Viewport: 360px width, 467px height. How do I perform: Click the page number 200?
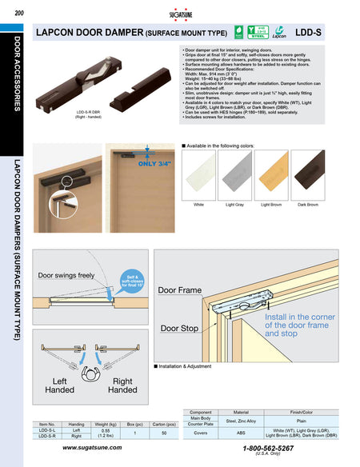18,10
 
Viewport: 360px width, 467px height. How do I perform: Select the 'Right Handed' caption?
122,385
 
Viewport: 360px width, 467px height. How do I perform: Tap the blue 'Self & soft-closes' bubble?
133,279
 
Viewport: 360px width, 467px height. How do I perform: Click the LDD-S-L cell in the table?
47,429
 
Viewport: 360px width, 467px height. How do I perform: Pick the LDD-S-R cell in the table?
47,437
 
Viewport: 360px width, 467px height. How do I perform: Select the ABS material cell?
242,433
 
